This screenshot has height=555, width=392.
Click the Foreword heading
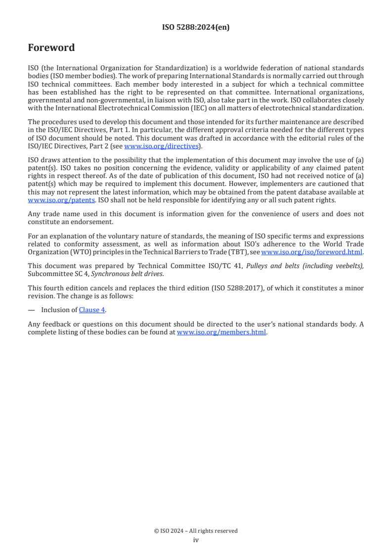click(x=51, y=48)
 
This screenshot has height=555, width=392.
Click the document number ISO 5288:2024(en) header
click(x=196, y=28)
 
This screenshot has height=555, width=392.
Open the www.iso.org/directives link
click(x=161, y=146)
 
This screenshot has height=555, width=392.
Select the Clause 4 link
click(x=92, y=310)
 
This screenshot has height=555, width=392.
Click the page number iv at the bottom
click(x=196, y=540)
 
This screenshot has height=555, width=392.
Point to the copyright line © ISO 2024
click(x=196, y=531)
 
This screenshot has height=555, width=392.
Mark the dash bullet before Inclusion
click(x=31, y=310)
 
